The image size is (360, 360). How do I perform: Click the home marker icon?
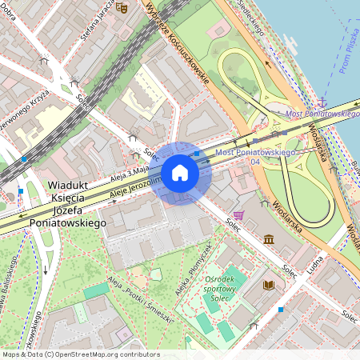coord(180,173)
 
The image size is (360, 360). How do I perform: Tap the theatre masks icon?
coord(122,7)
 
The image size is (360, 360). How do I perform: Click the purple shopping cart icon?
coord(238,215)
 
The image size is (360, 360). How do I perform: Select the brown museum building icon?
coord(268,239)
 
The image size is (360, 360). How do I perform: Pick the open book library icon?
coord(269,285)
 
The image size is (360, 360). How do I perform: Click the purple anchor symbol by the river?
coord(323,102)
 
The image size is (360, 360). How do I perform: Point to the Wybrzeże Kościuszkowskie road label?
coord(177,42)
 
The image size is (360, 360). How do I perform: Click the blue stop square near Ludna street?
coord(281,309)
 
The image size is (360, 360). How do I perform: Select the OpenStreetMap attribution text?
coord(80,354)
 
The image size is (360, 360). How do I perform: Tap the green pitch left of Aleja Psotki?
coord(96,290)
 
